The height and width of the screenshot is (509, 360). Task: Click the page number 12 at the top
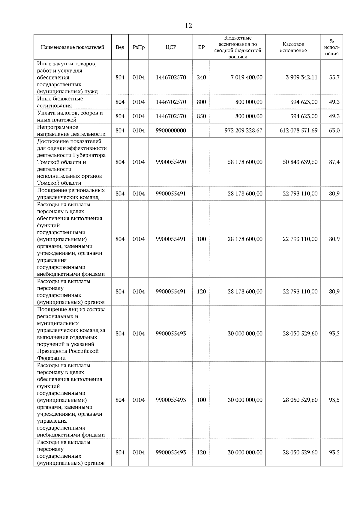188,26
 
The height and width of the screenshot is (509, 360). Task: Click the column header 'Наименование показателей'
72,47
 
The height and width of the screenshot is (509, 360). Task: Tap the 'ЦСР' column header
171,47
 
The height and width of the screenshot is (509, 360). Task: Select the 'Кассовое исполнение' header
293,47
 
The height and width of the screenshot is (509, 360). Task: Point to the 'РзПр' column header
139,47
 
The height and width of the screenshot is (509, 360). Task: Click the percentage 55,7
334,77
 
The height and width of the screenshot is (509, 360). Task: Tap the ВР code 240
201,77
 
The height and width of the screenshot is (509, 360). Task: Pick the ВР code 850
201,116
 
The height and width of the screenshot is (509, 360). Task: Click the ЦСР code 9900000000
171,130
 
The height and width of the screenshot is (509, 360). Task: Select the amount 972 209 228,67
243,130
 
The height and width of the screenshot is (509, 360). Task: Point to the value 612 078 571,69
298,130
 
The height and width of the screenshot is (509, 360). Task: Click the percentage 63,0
334,130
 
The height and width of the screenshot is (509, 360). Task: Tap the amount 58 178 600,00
245,162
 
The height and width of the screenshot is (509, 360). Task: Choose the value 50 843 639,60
300,162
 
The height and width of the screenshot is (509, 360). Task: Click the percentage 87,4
334,162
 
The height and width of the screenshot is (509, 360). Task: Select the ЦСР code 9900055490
171,162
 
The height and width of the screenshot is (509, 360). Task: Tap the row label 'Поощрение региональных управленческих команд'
71,194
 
